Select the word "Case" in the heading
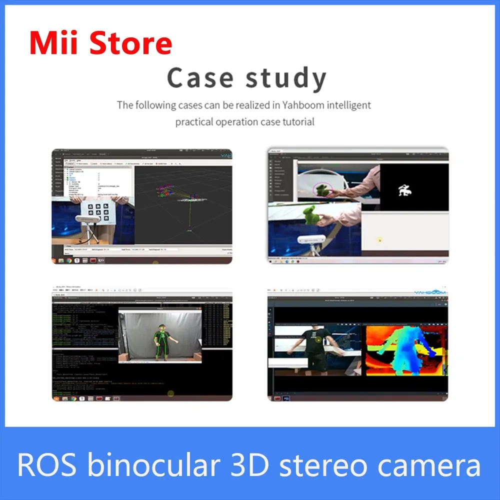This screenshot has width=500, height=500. click(x=200, y=78)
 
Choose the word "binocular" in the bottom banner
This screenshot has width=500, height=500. click(x=153, y=464)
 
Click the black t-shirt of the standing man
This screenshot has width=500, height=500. click(x=315, y=345)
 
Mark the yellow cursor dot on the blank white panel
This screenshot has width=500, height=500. click(x=379, y=240)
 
